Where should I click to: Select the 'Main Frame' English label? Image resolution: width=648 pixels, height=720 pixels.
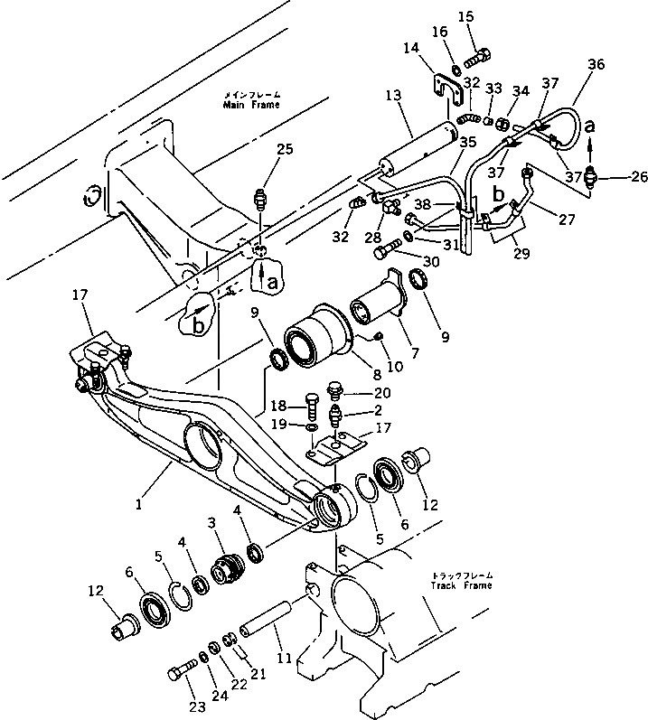point(251,105)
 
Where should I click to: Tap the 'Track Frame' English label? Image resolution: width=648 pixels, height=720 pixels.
point(462,585)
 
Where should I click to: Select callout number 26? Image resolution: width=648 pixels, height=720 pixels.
point(615,176)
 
